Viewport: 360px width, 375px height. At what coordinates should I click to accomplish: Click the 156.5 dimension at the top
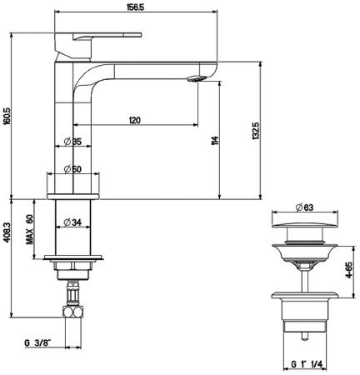pos(135,7)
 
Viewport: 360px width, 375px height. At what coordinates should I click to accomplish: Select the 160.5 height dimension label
pos(7,116)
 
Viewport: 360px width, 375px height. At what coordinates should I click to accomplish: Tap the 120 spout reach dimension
pos(135,120)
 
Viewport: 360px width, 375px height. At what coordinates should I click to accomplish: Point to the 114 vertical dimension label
pos(215,141)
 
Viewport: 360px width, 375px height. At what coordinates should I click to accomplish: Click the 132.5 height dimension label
pos(256,131)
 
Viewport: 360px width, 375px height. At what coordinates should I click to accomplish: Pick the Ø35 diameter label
pos(72,142)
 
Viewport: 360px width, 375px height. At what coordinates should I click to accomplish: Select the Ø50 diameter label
pos(72,169)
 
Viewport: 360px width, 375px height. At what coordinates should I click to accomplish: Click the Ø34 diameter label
pos(72,222)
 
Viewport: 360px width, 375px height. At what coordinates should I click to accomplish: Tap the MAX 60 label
pos(29,229)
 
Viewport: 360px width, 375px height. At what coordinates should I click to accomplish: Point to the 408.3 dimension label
pos(7,231)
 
